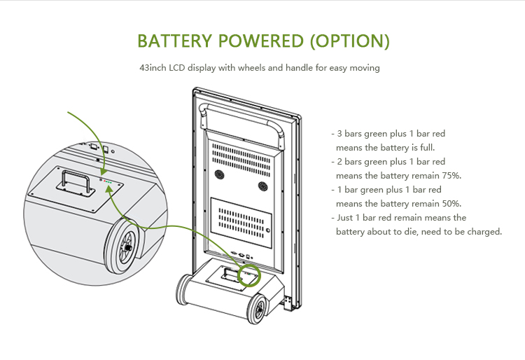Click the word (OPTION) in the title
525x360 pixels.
[349, 41]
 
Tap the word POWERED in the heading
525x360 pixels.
[265, 41]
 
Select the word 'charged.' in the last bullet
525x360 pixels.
[485, 231]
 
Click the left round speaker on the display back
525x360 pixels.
[218, 175]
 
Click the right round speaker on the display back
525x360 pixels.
[263, 186]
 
